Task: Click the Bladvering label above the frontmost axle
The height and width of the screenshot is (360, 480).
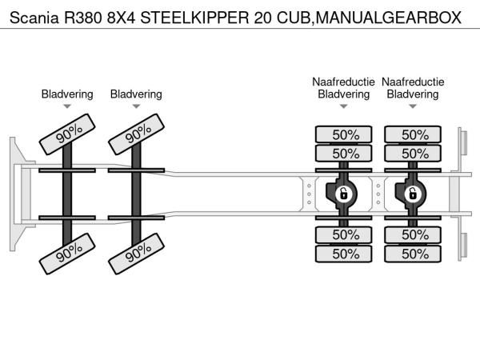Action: (x=67, y=94)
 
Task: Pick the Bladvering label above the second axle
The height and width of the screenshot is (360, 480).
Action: (x=136, y=94)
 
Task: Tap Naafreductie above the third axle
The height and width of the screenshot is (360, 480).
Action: (x=344, y=82)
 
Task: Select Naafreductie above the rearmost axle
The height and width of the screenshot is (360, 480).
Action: (x=413, y=82)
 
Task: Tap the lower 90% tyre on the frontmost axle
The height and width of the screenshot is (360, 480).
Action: (x=70, y=255)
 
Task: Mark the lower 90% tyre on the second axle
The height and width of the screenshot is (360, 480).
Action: (x=138, y=255)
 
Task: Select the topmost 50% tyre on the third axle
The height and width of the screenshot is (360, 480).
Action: (x=344, y=134)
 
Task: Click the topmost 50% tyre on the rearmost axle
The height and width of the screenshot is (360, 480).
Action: (x=413, y=134)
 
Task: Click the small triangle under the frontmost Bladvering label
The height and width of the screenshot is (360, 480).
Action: (x=67, y=106)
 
